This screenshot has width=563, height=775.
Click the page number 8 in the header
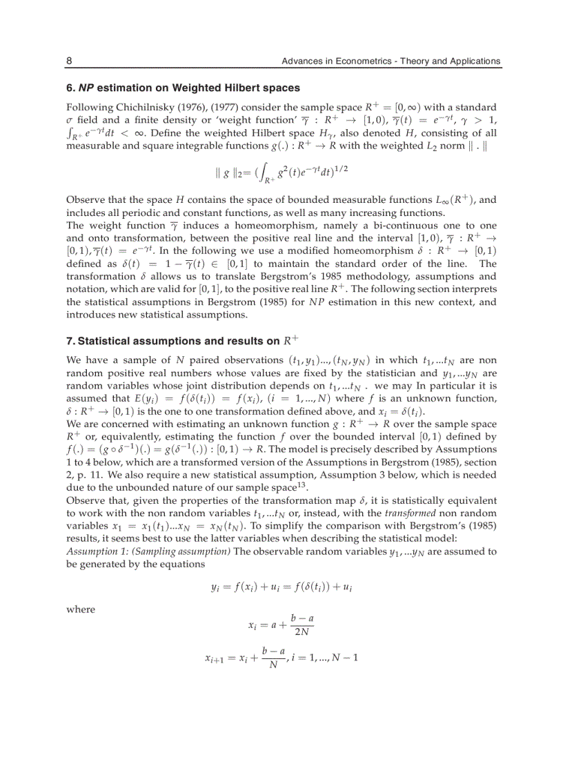[69, 61]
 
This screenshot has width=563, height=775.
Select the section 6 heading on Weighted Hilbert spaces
[183, 88]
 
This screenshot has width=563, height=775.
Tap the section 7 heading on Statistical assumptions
[183, 341]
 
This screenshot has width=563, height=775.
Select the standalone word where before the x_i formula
[80, 609]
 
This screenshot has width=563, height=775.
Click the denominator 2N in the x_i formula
[302, 631]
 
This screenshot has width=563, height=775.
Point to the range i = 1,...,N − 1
[326, 657]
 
